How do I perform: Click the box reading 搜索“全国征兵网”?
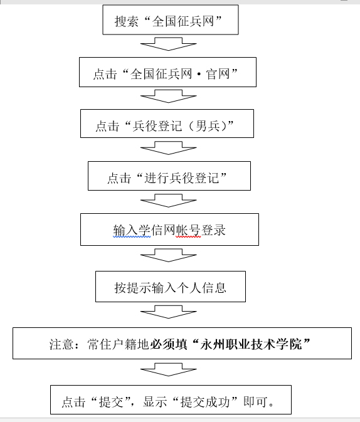click(171, 19)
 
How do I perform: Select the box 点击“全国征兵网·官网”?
click(167, 72)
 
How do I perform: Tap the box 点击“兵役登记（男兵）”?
click(167, 124)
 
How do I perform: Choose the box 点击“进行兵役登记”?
click(169, 176)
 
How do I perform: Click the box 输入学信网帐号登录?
click(169, 229)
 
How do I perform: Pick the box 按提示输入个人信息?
click(171, 287)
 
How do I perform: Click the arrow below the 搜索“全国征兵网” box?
click(169, 44)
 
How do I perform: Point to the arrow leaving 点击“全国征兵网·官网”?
click(169, 96)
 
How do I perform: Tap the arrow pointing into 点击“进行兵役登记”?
click(169, 148)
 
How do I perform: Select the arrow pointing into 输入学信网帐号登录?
click(169, 201)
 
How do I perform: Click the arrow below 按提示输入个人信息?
click(169, 312)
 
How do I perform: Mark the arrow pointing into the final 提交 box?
click(169, 369)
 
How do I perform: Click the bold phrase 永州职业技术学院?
click(251, 344)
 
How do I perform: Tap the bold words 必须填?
click(169, 344)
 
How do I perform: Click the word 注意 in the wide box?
click(61, 344)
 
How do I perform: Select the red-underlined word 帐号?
click(188, 230)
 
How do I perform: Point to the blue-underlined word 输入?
click(125, 230)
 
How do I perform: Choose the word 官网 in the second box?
click(218, 74)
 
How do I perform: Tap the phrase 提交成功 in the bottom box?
click(205, 402)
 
